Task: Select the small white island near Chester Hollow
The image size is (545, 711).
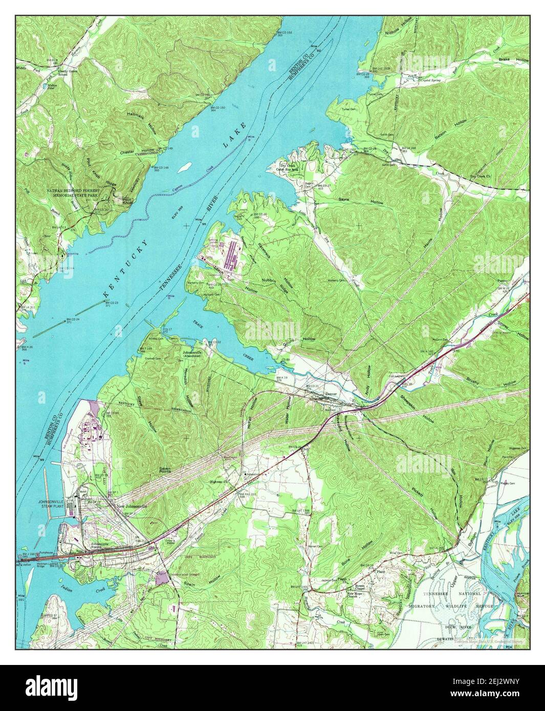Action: click(187, 166)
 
